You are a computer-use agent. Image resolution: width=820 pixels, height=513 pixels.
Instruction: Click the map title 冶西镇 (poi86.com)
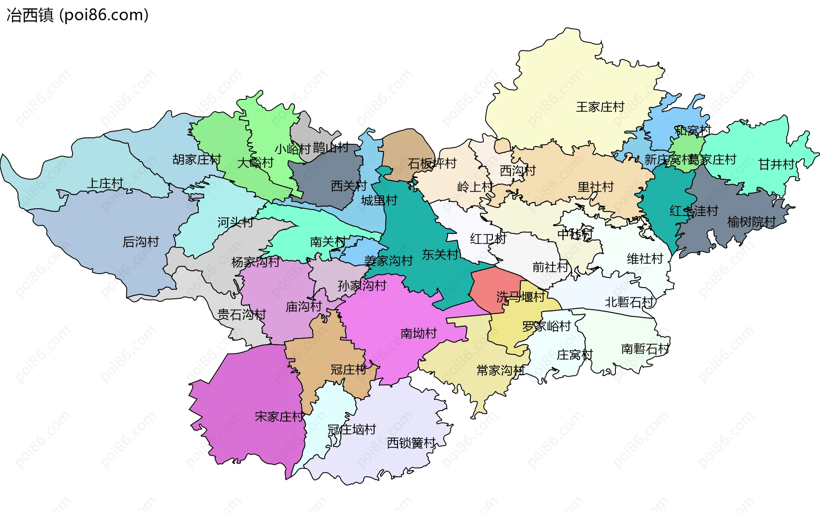coord(77,15)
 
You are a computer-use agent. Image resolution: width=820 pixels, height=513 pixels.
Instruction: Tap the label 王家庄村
coord(600,107)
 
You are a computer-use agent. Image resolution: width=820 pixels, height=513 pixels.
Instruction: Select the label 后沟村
coord(141,242)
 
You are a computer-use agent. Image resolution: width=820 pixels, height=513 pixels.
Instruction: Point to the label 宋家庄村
coord(279,417)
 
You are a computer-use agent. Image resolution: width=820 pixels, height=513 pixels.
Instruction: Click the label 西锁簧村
coord(411,443)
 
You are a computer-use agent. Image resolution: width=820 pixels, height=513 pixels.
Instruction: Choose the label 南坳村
coord(419,333)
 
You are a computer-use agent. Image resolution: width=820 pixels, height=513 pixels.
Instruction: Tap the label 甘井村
coord(776,164)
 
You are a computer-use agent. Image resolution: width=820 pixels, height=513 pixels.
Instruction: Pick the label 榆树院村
coord(751,222)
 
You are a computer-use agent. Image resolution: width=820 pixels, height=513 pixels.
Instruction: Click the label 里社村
coord(595,187)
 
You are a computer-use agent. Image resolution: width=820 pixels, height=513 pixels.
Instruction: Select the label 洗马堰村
coord(520,297)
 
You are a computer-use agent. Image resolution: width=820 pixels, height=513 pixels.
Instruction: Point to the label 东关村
coord(440,255)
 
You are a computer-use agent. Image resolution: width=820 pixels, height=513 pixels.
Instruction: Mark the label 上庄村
coord(105,184)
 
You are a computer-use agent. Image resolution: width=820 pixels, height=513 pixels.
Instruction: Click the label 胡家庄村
coord(196,160)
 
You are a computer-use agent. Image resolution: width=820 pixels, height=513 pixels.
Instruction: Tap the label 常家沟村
coord(500,370)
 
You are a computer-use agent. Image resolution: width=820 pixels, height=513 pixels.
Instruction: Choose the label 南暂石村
coord(645,349)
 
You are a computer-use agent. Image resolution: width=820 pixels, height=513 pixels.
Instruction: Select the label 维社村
coord(644,259)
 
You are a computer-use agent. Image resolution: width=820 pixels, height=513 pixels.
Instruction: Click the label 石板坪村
coord(432,163)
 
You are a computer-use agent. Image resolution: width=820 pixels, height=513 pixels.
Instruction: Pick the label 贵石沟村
coord(241,315)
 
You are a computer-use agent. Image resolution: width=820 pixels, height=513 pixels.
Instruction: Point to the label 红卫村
coord(488,239)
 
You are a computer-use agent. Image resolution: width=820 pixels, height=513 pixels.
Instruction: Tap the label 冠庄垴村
coord(351,430)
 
